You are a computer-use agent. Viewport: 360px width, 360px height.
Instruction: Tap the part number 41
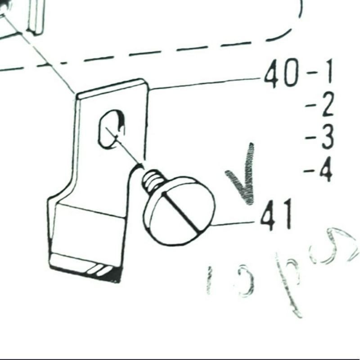tap(276, 216)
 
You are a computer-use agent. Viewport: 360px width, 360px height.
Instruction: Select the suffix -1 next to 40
tap(320, 73)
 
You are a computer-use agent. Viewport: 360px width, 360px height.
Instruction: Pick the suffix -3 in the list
tap(320, 137)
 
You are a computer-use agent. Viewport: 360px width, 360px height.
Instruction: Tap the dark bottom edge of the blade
tap(85, 272)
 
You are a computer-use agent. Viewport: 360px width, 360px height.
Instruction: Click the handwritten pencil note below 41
tap(279, 274)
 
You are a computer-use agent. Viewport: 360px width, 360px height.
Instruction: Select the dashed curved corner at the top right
tap(288, 27)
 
